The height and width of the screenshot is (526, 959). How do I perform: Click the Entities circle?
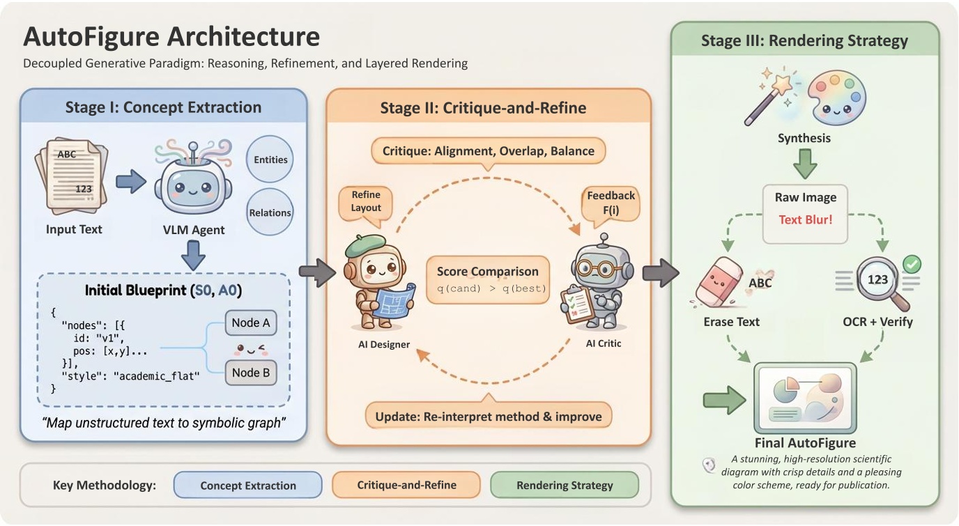click(x=270, y=160)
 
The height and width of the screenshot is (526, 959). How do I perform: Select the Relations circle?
click(x=270, y=212)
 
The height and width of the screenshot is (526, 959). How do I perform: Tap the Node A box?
click(x=250, y=323)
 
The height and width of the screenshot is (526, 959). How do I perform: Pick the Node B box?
click(x=250, y=373)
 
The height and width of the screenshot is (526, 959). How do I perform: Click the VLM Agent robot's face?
click(x=187, y=187)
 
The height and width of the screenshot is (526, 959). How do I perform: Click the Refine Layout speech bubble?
click(x=366, y=201)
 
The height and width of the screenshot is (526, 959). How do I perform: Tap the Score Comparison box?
click(x=487, y=279)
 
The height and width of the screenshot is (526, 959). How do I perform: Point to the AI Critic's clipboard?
click(x=581, y=304)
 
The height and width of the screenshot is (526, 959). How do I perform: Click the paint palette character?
click(x=836, y=98)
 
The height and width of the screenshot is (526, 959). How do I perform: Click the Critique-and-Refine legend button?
click(x=407, y=486)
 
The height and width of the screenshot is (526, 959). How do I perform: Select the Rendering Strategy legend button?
click(x=565, y=486)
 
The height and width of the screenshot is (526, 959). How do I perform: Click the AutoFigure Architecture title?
click(x=171, y=36)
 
